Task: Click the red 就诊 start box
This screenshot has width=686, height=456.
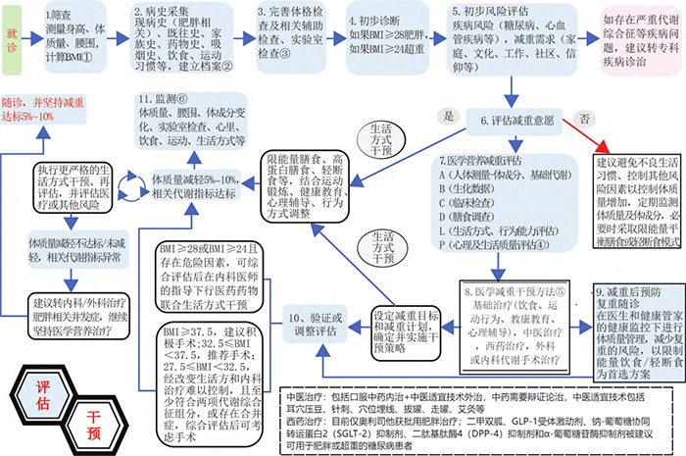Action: tap(18, 34)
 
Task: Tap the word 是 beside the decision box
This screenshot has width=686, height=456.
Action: tap(452, 116)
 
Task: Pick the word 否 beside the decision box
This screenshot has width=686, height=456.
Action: tap(584, 116)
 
